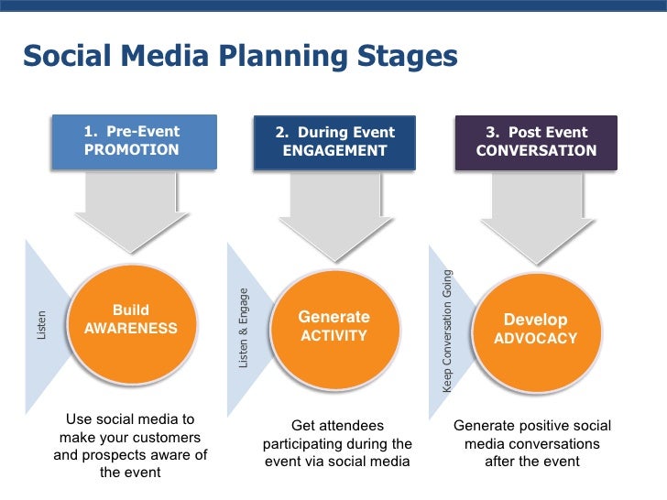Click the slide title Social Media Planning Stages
pyautogui.click(x=239, y=57)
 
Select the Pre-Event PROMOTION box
pyautogui.click(x=133, y=141)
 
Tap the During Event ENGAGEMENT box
pyautogui.click(x=334, y=142)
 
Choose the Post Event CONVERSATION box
pyautogui.click(x=536, y=142)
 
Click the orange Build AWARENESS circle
pyautogui.click(x=131, y=320)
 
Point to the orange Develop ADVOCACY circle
pyautogui.click(x=535, y=329)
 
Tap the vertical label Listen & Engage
pyautogui.click(x=244, y=328)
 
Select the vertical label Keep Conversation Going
pyautogui.click(x=447, y=331)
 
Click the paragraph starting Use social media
pyautogui.click(x=130, y=446)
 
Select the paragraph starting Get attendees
pyautogui.click(x=337, y=443)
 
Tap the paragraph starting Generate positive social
pyautogui.click(x=532, y=443)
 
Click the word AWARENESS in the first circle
pyautogui.click(x=131, y=329)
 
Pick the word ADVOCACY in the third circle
pyautogui.click(x=536, y=339)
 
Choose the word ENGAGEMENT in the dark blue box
pyautogui.click(x=335, y=151)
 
